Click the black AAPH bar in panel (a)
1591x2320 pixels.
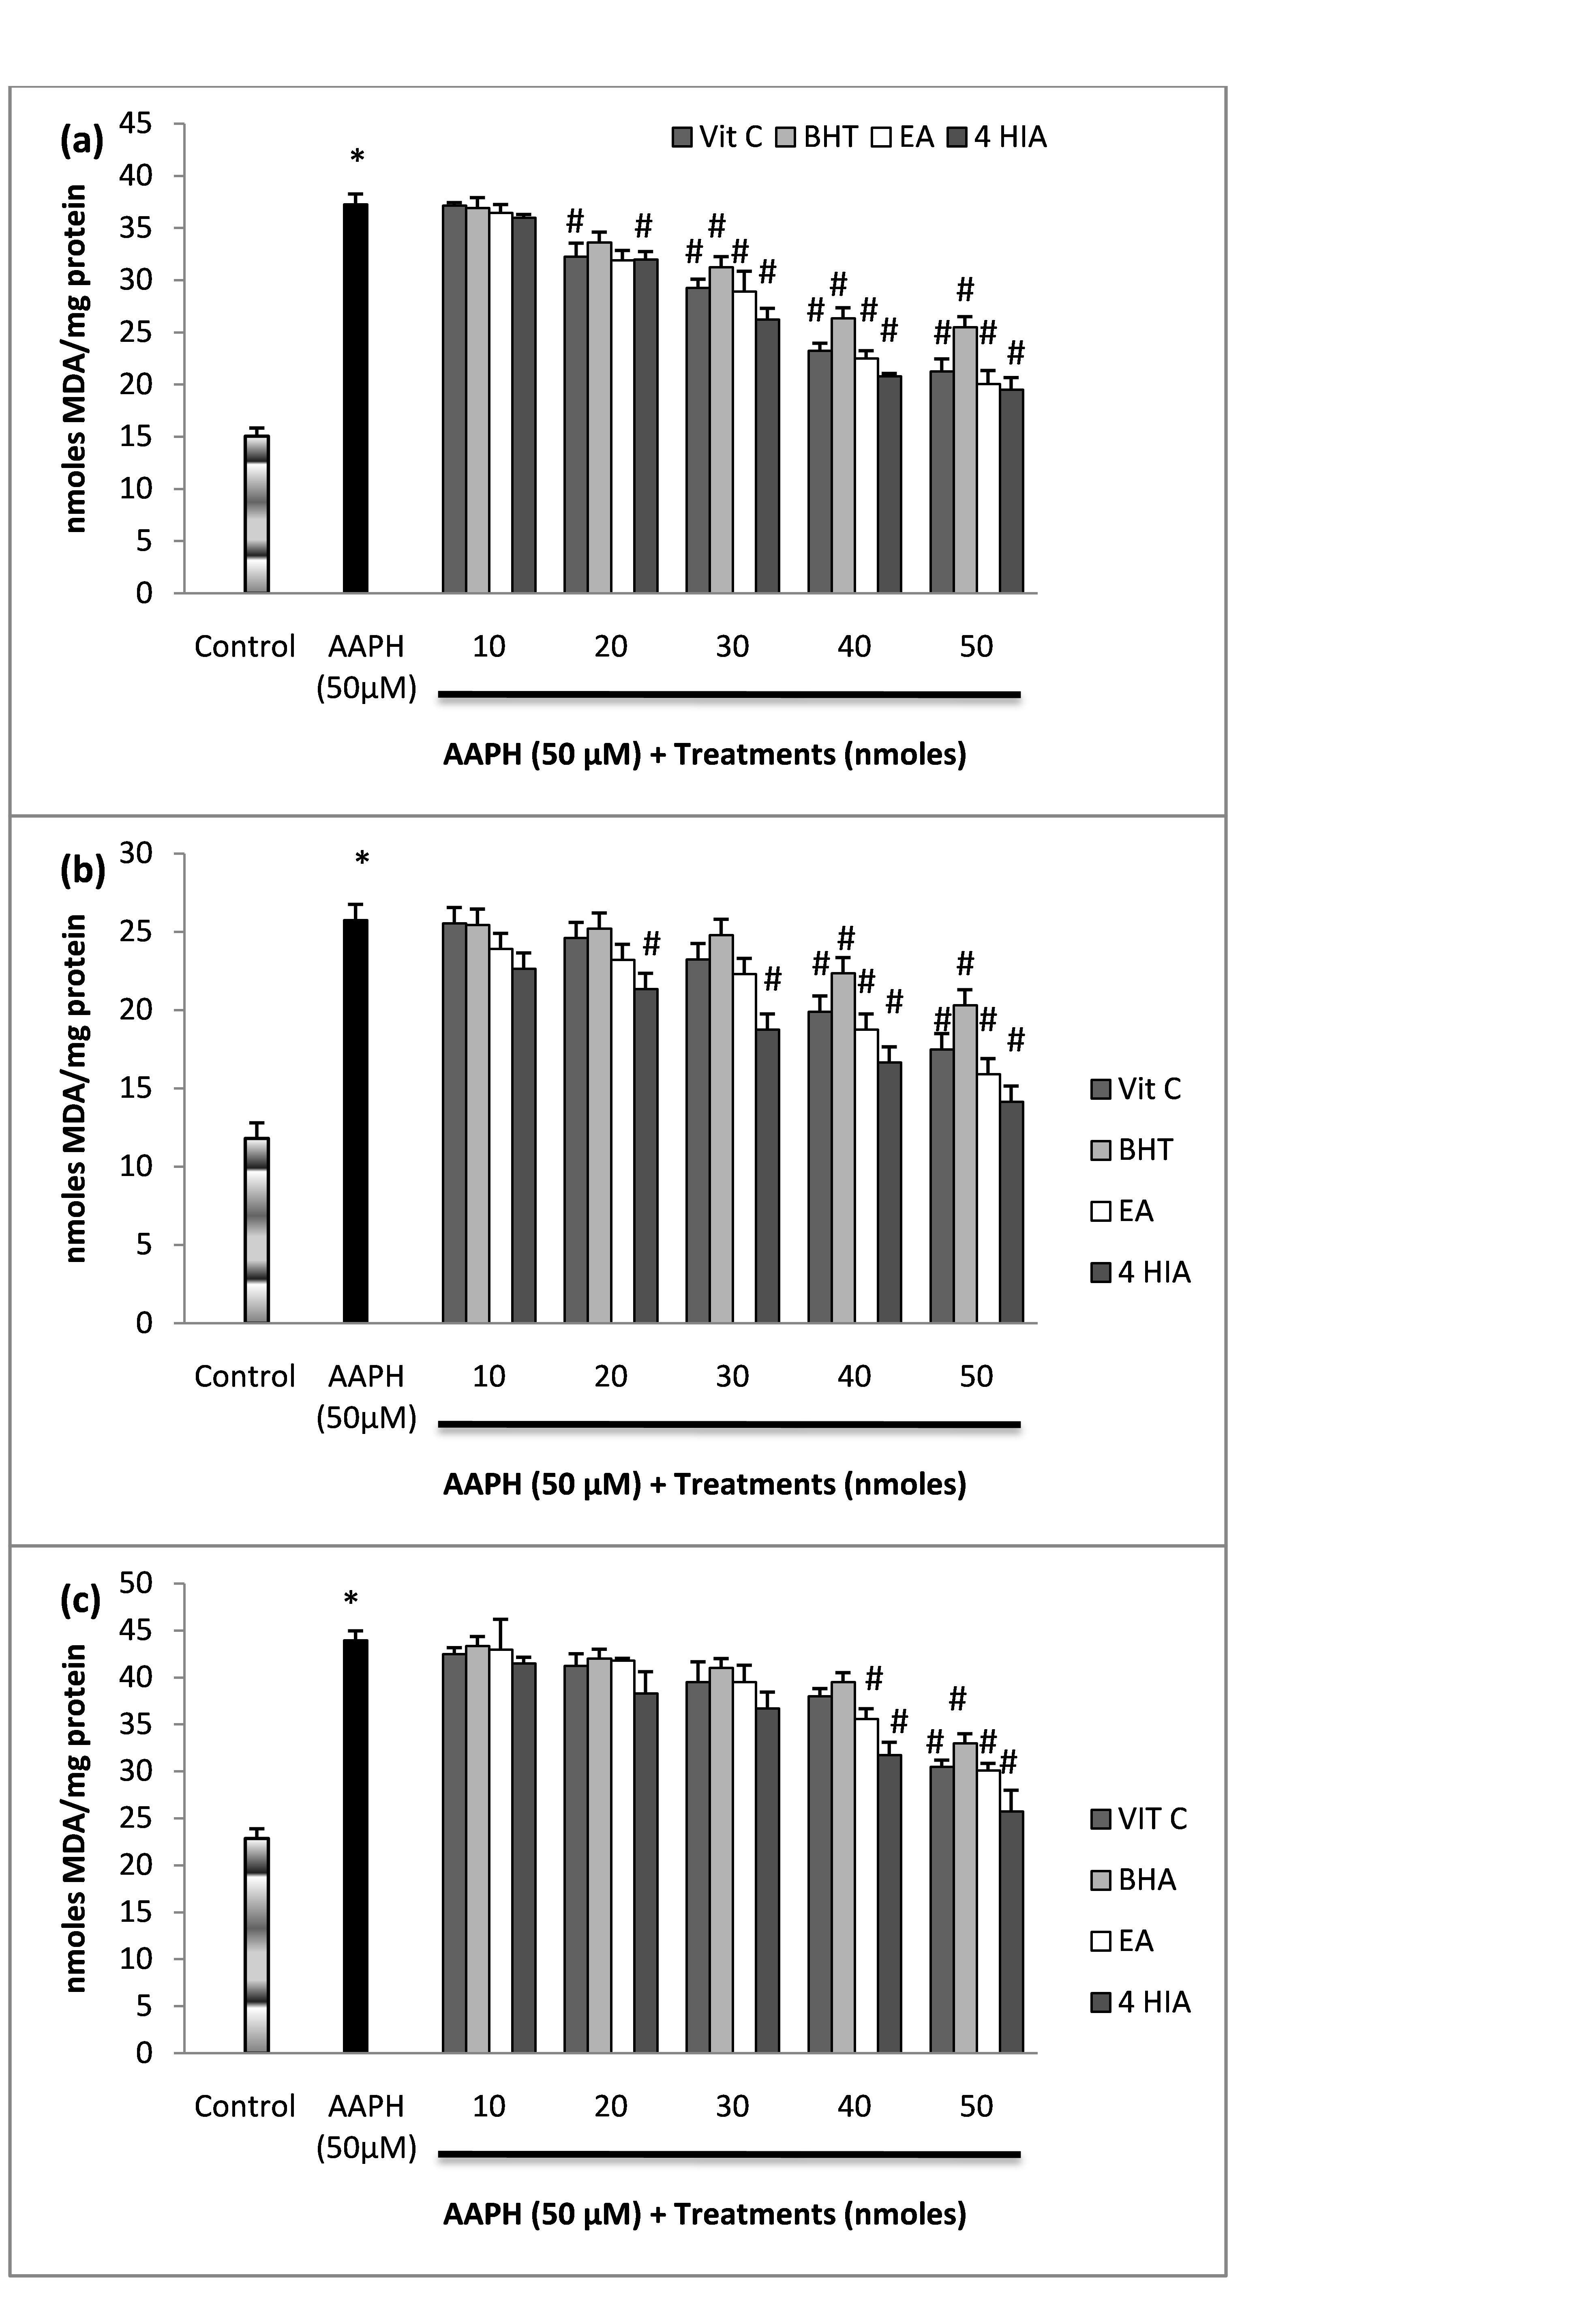(x=355, y=399)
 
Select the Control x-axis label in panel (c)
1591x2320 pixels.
(x=244, y=2106)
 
